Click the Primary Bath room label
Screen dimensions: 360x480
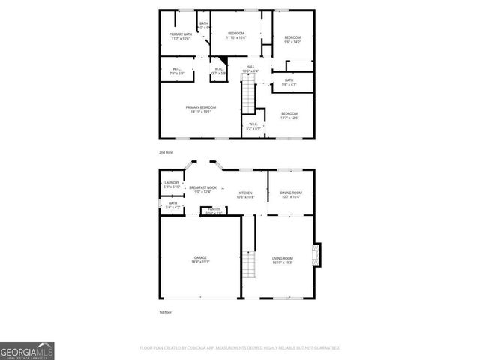click(179, 36)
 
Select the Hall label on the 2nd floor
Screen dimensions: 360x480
click(250, 68)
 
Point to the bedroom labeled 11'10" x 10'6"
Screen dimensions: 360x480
click(235, 36)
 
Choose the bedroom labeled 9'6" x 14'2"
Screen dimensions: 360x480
click(292, 40)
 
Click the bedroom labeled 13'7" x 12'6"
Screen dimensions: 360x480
click(289, 115)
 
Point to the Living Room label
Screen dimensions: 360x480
click(282, 259)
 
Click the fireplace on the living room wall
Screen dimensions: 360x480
click(318, 254)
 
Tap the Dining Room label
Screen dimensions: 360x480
click(289, 194)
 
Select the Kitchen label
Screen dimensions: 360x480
click(246, 194)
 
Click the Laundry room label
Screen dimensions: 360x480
click(172, 184)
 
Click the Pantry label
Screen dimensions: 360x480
click(214, 211)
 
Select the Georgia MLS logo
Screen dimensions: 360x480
click(27, 350)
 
